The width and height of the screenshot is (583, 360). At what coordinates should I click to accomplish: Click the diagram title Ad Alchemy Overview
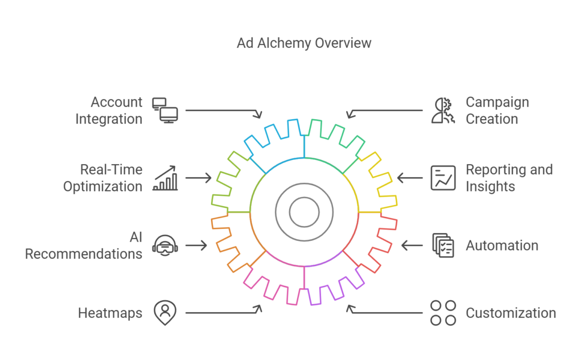coord(304,43)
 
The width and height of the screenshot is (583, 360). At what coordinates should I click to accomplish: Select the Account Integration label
coord(109,111)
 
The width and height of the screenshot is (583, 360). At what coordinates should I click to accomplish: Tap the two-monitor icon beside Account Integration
coord(165,110)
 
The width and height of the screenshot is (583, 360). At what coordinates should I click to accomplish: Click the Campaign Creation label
coord(497,111)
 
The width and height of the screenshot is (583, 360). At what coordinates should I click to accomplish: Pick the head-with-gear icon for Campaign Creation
coord(442,111)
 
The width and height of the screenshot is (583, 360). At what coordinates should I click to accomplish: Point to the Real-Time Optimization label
coord(103,178)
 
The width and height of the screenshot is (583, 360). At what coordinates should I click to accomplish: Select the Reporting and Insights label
coord(509,178)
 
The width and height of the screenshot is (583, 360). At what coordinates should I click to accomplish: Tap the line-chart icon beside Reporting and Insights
coord(443,178)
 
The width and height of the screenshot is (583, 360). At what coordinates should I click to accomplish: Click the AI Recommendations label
coord(84,246)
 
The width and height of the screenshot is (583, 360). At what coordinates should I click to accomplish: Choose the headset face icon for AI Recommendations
coord(165,246)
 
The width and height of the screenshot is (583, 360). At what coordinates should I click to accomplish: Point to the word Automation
coord(502,246)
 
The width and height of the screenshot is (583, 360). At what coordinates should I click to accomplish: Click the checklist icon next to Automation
coord(443,246)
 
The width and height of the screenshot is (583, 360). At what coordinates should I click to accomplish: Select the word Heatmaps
coord(110,313)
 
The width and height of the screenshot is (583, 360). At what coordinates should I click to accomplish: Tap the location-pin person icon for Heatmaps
coord(165,312)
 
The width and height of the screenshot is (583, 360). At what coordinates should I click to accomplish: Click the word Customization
coord(511,313)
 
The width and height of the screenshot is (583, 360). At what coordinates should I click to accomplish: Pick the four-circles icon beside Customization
coord(443,313)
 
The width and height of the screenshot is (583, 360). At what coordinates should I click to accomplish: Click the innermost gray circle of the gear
coord(304,212)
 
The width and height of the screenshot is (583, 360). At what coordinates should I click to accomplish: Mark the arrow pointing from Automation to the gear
coord(412,246)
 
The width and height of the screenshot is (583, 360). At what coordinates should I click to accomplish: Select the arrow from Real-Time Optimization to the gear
coord(199,178)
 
